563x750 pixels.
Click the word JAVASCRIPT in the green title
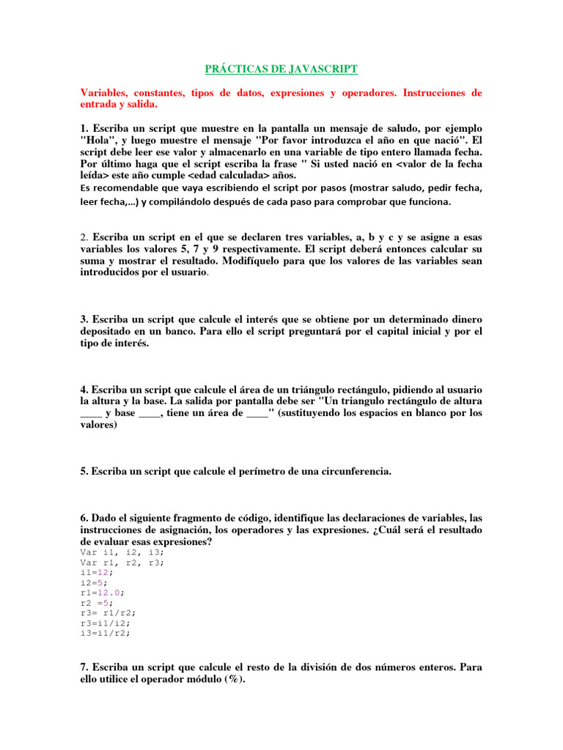(320, 69)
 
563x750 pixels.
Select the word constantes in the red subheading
(158, 94)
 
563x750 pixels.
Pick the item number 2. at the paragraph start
(84, 237)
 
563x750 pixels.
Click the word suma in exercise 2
(92, 261)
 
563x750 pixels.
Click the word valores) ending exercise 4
(98, 425)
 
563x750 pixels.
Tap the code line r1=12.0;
(103, 593)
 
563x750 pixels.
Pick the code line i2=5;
(94, 582)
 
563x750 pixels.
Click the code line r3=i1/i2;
(106, 623)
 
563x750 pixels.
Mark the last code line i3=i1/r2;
(106, 633)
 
